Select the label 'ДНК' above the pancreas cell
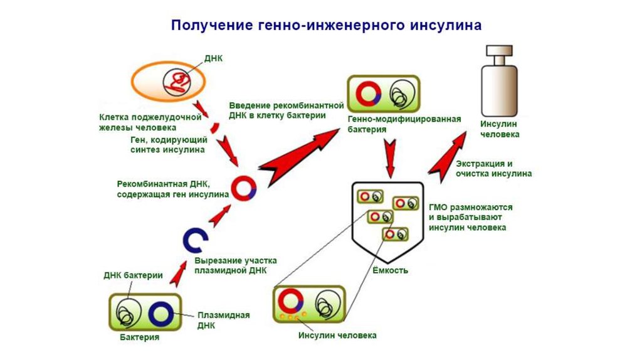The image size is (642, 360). [213, 58]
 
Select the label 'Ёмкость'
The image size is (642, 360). [391, 270]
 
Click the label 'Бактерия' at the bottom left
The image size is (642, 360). [139, 337]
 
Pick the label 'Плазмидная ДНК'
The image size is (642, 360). [215, 320]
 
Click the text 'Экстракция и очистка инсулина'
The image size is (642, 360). [494, 168]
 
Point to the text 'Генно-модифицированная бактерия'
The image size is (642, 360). [404, 124]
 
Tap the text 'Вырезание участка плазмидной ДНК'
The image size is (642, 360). [235, 265]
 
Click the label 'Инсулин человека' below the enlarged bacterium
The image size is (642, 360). [337, 336]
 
